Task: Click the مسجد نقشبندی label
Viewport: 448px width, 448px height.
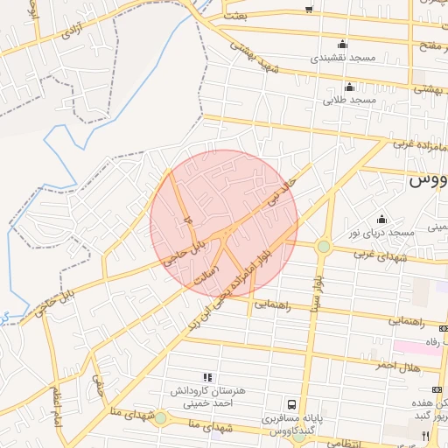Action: (x=342, y=58)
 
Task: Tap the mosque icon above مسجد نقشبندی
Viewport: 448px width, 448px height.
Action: (x=342, y=44)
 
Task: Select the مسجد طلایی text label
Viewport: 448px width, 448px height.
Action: (x=349, y=101)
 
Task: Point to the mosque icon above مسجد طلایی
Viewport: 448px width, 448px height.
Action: (x=349, y=87)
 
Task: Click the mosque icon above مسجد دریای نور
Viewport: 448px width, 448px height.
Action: (x=381, y=219)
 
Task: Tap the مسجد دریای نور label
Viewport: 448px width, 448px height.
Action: (x=381, y=232)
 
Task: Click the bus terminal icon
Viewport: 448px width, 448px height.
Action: (x=290, y=405)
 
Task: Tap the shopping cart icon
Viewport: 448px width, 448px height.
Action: (x=308, y=10)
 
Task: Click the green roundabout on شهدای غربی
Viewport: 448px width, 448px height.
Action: (x=324, y=247)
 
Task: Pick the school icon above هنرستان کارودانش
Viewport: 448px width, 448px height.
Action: (x=207, y=376)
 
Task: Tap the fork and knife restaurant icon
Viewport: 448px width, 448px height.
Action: (x=425, y=435)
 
